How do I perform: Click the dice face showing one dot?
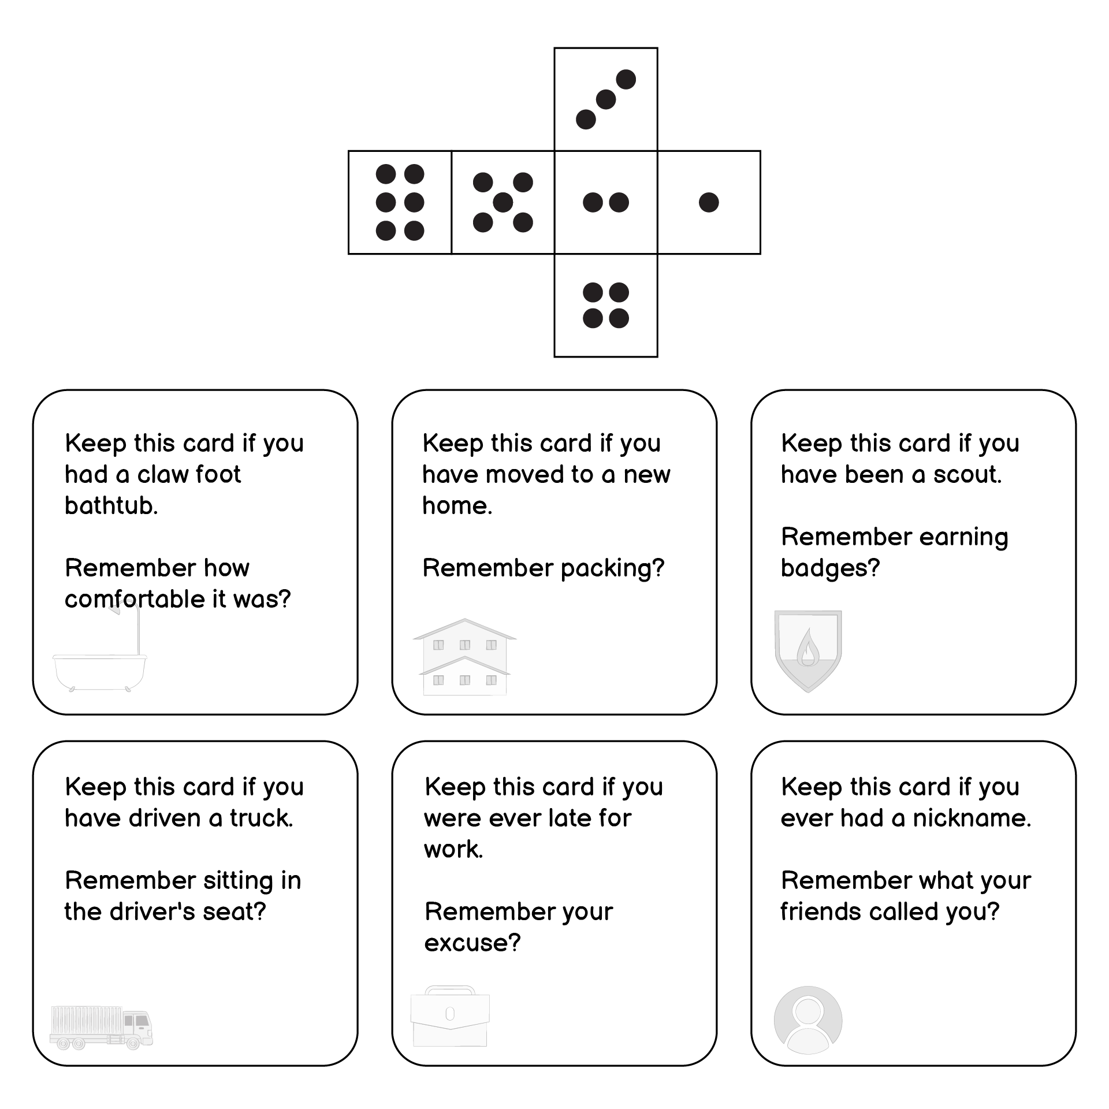coord(709,202)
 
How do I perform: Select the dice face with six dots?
coord(400,202)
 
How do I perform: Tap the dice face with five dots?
coord(503,202)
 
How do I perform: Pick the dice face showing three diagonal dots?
coord(606,99)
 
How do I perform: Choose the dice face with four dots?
coord(606,306)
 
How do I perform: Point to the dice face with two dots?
coord(606,202)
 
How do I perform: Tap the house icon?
coord(464,657)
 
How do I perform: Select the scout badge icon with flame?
coord(808,651)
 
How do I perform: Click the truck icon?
coord(102,1028)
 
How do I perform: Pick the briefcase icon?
coord(450,1016)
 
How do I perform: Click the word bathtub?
coord(111,505)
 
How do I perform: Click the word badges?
coord(830,568)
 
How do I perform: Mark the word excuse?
coord(472,943)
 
